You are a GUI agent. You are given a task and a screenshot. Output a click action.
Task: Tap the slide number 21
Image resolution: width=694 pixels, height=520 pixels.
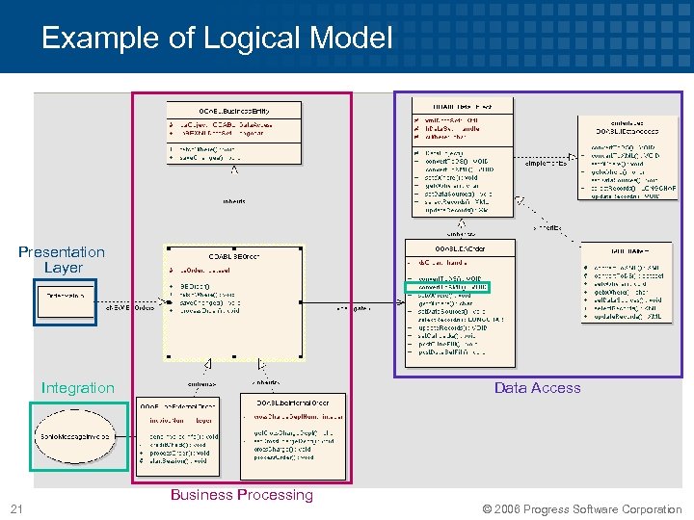tap(15, 508)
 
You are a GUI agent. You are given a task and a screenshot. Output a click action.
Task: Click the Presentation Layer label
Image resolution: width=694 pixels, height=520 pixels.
tap(62, 259)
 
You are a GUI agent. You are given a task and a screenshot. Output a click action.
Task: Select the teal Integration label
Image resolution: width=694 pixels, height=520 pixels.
tap(77, 387)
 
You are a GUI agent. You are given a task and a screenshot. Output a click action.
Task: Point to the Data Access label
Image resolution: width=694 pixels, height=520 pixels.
tap(537, 387)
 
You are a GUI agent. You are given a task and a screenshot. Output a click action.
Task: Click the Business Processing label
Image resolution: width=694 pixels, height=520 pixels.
tap(241, 494)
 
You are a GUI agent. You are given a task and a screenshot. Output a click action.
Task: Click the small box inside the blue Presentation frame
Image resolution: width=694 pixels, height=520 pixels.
tap(66, 294)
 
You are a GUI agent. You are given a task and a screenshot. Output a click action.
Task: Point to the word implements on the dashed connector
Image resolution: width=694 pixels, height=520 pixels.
tap(545, 163)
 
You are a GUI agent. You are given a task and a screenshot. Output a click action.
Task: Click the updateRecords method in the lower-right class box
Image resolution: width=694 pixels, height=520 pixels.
tap(627, 316)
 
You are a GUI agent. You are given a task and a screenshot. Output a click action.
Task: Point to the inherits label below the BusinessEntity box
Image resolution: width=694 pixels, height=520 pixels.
tap(233, 201)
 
